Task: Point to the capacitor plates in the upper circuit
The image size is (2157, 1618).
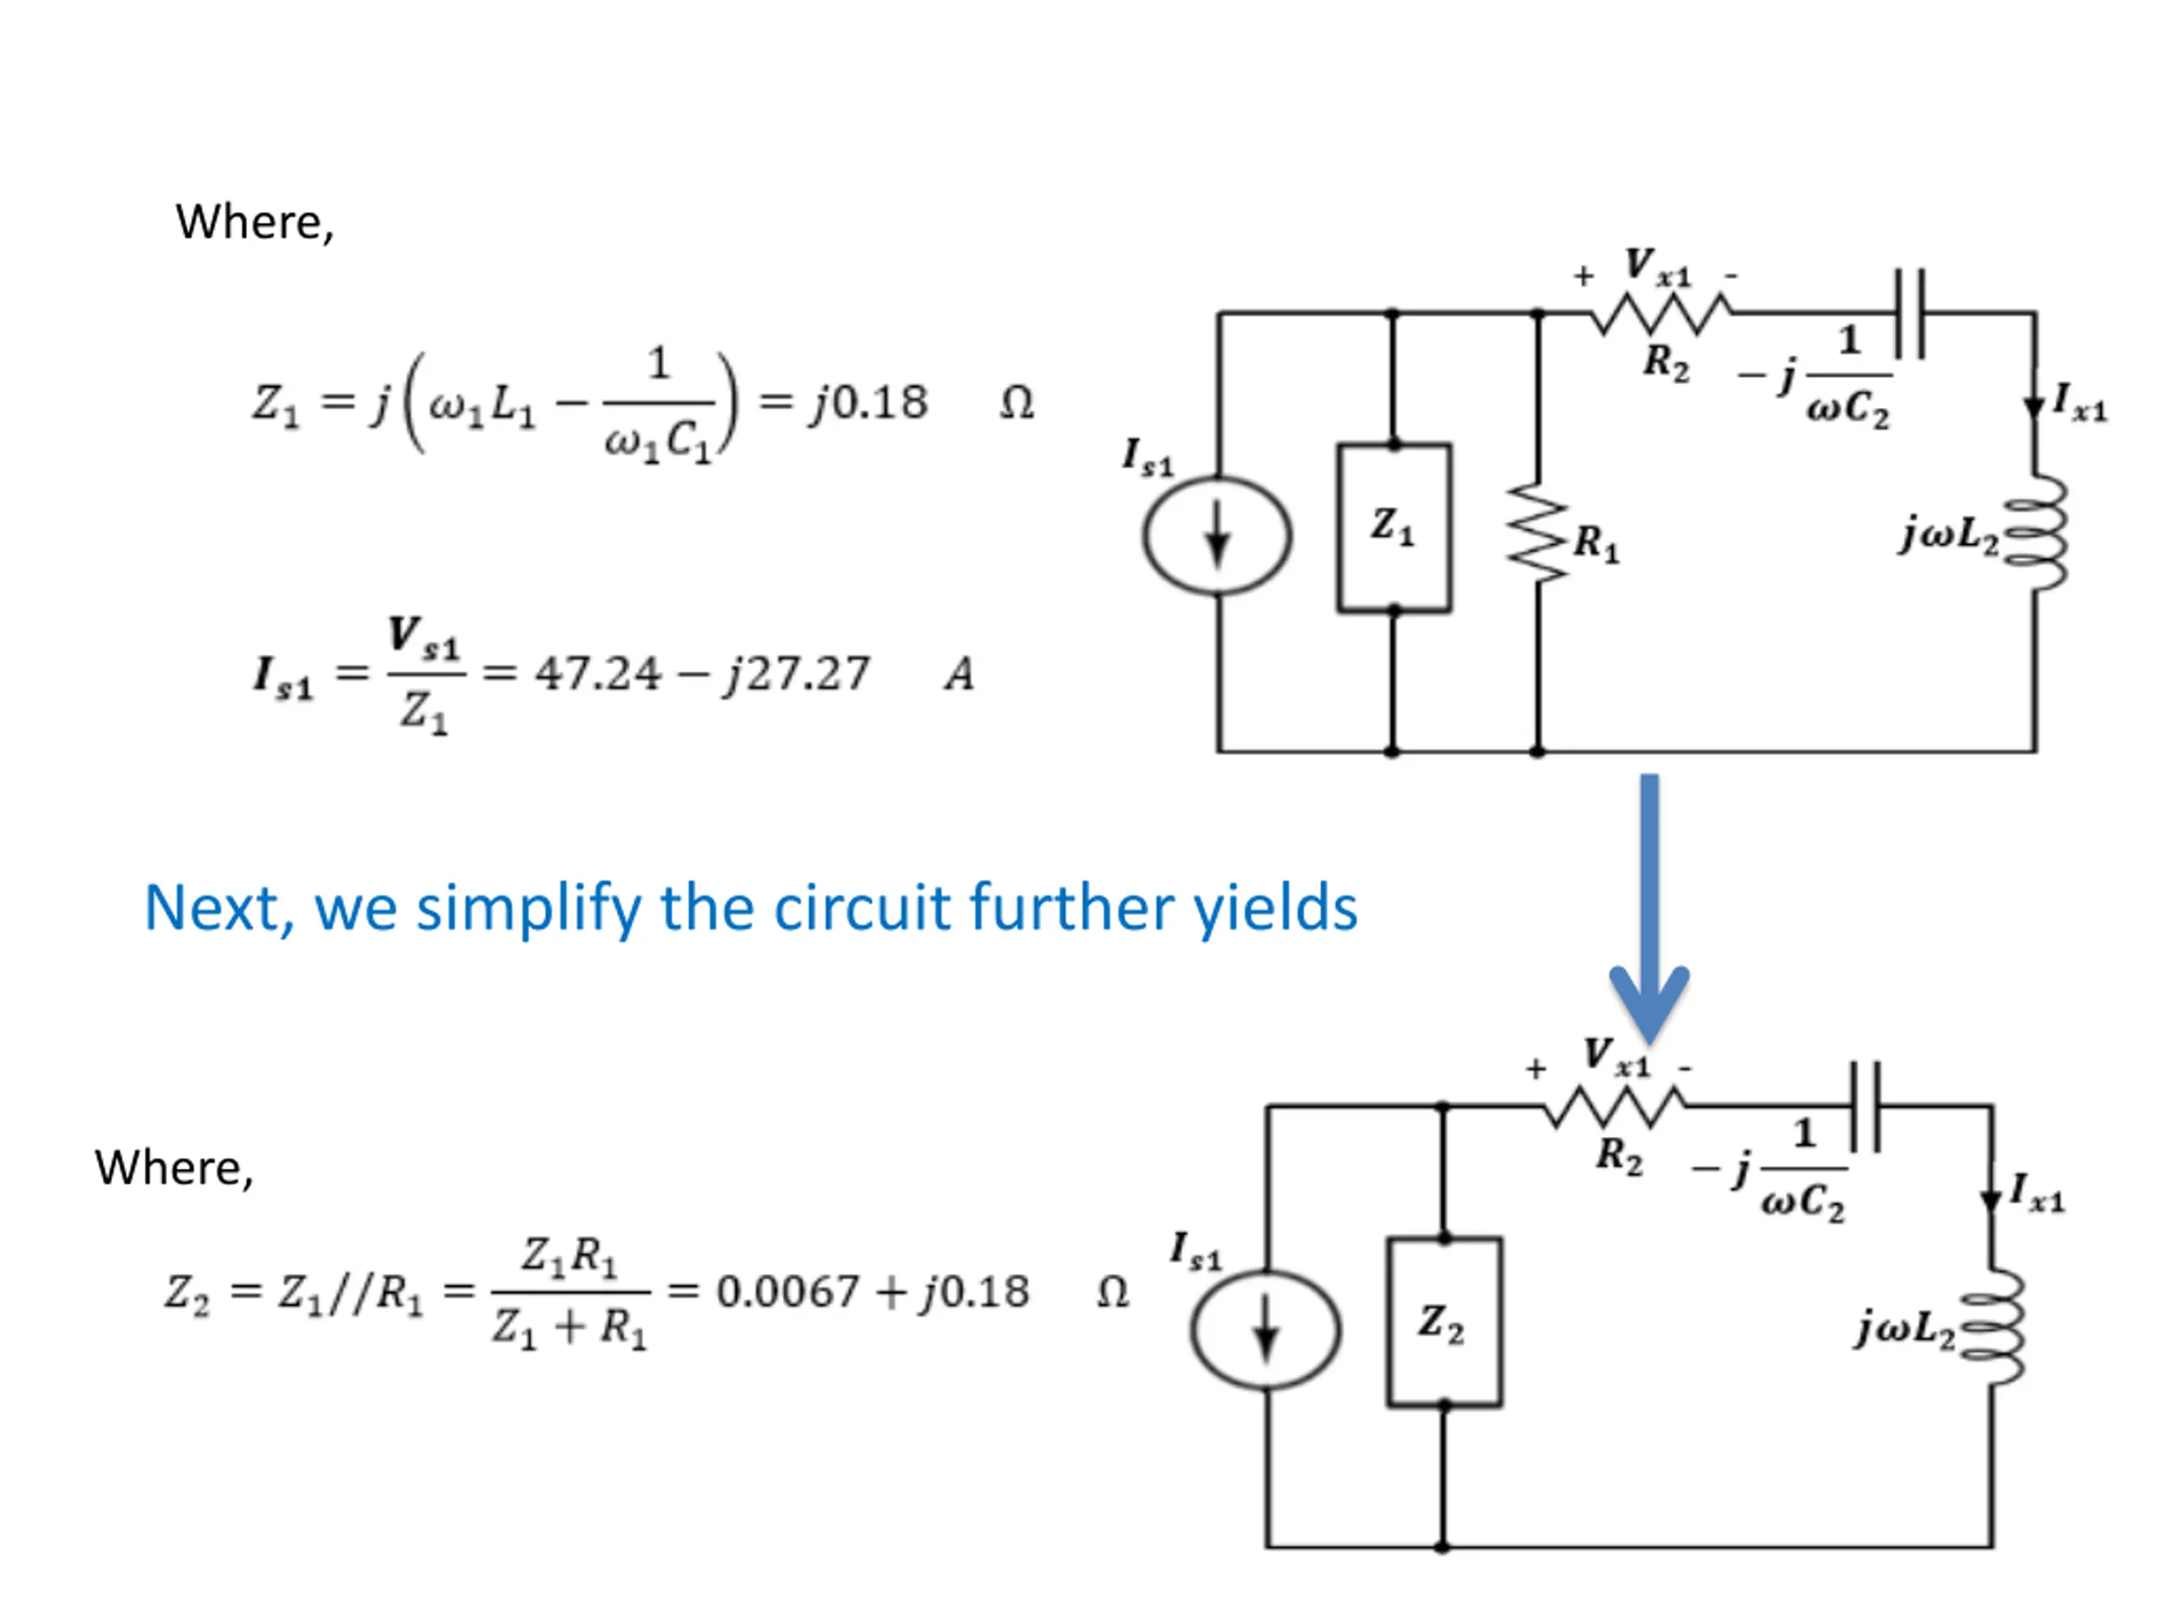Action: click(1909, 314)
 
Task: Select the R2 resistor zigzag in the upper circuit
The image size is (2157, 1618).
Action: click(1661, 314)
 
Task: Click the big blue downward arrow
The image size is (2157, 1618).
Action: click(1649, 908)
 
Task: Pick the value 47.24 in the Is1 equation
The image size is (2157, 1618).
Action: click(597, 673)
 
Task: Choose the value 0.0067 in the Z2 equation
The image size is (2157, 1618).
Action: click(788, 1291)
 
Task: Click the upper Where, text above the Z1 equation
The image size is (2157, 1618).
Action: click(254, 223)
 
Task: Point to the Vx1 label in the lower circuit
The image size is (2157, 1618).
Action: click(1617, 1056)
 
